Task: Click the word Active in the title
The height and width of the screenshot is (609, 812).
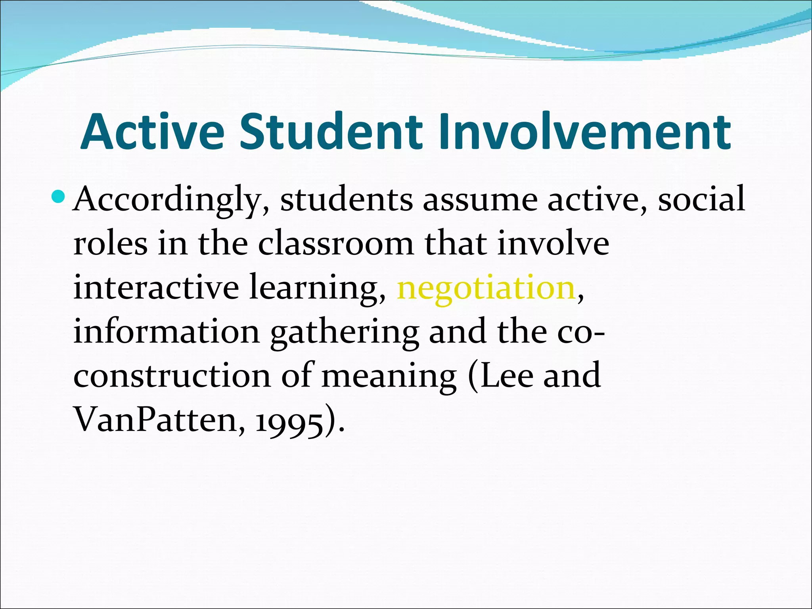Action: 152,132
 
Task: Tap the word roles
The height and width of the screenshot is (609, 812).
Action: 110,243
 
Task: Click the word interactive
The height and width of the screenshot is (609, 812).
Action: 156,287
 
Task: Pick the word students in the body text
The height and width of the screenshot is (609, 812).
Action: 347,200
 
